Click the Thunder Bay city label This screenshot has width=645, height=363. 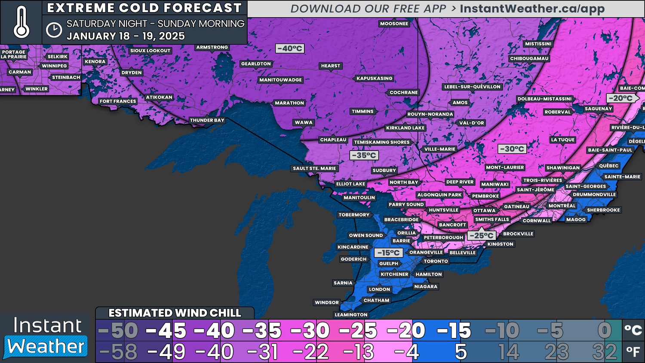(207, 120)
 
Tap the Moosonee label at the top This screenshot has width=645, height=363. (394, 24)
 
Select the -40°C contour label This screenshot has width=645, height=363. (290, 49)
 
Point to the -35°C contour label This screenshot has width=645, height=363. (364, 155)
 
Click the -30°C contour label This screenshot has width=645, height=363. (512, 149)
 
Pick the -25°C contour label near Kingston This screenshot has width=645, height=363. (481, 235)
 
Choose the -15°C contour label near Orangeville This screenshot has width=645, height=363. (388, 252)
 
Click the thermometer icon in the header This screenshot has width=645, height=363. (21, 22)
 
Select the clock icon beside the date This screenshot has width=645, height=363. (54, 30)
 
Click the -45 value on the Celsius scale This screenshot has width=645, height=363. (166, 331)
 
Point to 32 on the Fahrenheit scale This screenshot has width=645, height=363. (604, 353)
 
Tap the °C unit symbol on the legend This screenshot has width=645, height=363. (633, 330)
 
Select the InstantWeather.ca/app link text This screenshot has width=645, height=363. (532, 9)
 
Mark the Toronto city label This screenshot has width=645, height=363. (436, 261)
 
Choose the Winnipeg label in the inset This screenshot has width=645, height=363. (54, 66)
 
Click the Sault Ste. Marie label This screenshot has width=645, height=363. (314, 168)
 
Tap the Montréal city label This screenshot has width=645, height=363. (562, 206)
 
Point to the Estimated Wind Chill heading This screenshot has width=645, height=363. (175, 313)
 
